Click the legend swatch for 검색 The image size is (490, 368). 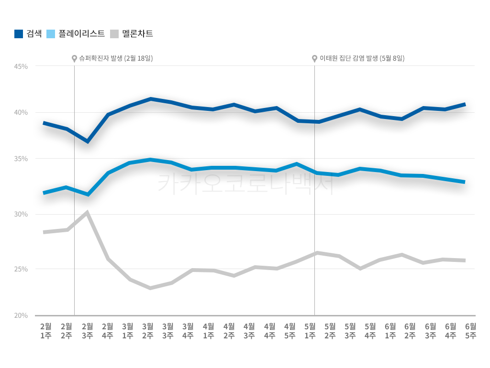tap(19, 34)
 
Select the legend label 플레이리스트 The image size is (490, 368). tap(81, 34)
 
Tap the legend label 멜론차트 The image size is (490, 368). tap(137, 34)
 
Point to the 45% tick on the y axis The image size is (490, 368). tap(20, 66)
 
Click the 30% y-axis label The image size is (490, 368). tap(20, 214)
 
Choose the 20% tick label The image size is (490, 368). tap(20, 315)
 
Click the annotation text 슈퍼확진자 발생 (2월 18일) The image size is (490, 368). tap(116, 58)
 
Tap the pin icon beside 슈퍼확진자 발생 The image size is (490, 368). tap(74, 59)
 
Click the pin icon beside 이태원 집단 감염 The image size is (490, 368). tap(314, 59)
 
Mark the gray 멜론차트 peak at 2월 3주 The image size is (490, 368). tap(87, 213)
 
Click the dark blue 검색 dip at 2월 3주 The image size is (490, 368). tap(88, 141)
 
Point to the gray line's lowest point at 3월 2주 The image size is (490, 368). tap(150, 288)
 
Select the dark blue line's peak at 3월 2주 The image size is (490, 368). tap(150, 99)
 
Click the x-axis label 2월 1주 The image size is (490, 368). tap(45, 331)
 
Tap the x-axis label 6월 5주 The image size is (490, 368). tap(470, 331)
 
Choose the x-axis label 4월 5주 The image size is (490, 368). tap(290, 331)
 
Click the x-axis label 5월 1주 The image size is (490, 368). tap(310, 331)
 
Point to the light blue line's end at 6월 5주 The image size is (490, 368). tap(464, 182)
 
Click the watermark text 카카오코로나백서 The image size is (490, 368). tap(245, 184)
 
